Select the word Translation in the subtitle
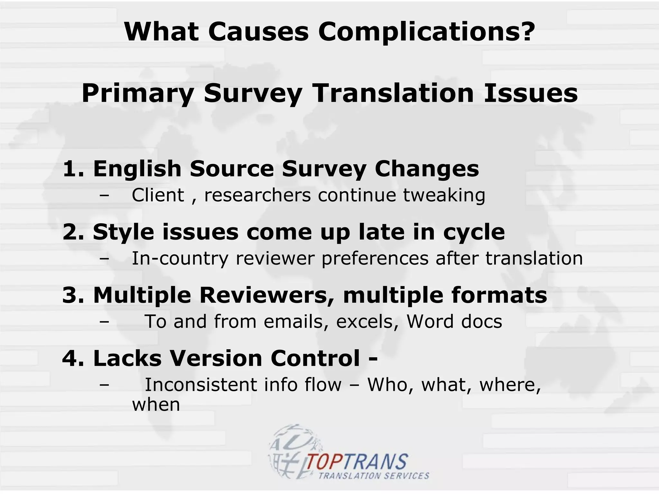coord(393,93)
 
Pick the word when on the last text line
coord(156,405)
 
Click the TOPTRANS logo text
coord(357,462)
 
